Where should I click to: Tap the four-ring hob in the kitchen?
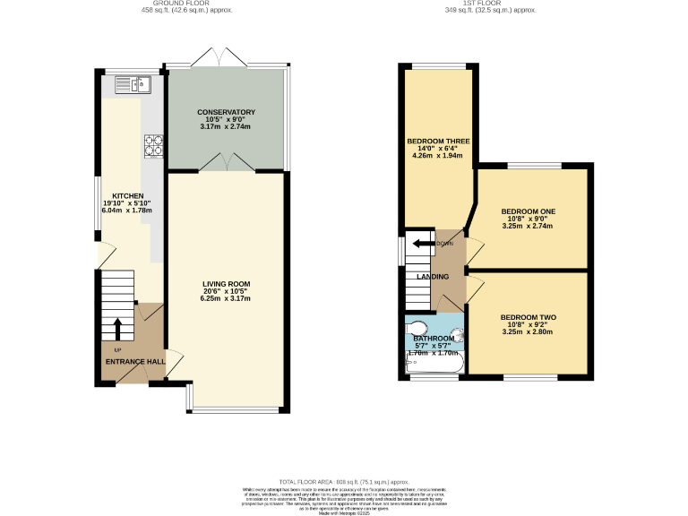coord(153,143)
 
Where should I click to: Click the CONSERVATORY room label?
coord(227,112)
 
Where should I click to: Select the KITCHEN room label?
coord(127,195)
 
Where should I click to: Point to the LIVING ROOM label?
coord(226,284)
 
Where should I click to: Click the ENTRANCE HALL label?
coord(135,361)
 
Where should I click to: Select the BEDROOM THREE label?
coord(438,142)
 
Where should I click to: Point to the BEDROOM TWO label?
coord(529,317)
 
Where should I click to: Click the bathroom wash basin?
coord(458,337)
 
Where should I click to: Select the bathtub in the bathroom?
coord(434,365)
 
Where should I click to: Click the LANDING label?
coord(433,276)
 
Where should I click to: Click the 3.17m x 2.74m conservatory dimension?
coord(227,127)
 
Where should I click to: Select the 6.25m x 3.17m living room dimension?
coord(226,298)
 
